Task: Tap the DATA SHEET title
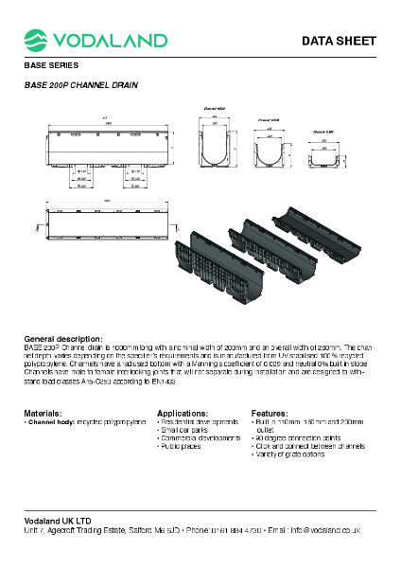tap(339, 41)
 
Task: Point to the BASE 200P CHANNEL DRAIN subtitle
tap(80, 85)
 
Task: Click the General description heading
tap(63, 339)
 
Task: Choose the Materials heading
tap(43, 414)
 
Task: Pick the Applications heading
tap(182, 414)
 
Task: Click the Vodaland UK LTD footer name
tap(58, 521)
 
